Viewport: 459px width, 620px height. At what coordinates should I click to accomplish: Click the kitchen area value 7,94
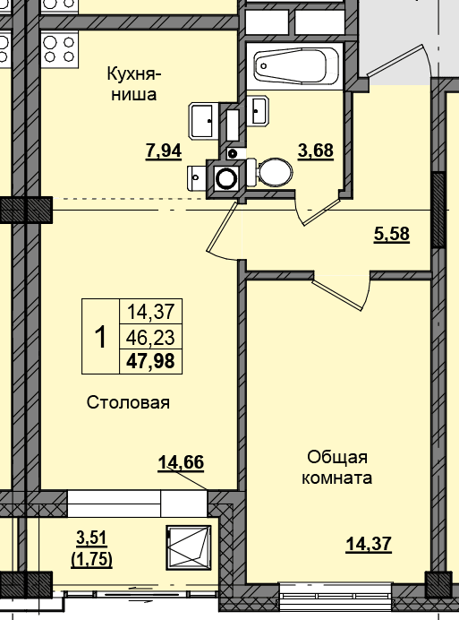tap(164, 151)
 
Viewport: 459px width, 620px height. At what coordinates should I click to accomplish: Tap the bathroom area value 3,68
tap(316, 151)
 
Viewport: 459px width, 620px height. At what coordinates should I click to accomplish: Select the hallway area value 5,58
tap(392, 234)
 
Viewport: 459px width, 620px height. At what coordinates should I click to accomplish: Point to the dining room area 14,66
tap(181, 461)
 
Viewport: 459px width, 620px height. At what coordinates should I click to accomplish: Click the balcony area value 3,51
tap(91, 538)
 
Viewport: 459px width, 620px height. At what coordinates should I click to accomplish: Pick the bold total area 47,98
tap(150, 361)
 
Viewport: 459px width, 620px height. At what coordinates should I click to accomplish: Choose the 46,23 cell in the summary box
tap(150, 338)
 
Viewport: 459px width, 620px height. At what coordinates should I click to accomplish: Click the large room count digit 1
tap(101, 337)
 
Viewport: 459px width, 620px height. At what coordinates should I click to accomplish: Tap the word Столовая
tap(128, 402)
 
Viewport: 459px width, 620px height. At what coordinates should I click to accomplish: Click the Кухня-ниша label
tap(134, 84)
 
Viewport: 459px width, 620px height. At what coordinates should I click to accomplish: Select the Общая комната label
tap(337, 468)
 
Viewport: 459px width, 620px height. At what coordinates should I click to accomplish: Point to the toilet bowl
tap(271, 172)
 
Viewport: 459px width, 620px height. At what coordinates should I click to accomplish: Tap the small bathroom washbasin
tap(259, 110)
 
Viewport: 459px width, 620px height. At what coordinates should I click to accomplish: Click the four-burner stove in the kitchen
tap(59, 49)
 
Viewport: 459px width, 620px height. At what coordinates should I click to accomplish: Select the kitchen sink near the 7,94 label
tap(203, 121)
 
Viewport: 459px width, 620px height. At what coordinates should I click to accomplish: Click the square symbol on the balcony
tap(189, 547)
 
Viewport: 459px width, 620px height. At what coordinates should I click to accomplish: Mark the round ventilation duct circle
tap(226, 177)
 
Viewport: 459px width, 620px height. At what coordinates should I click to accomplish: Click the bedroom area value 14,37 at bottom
tap(369, 544)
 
